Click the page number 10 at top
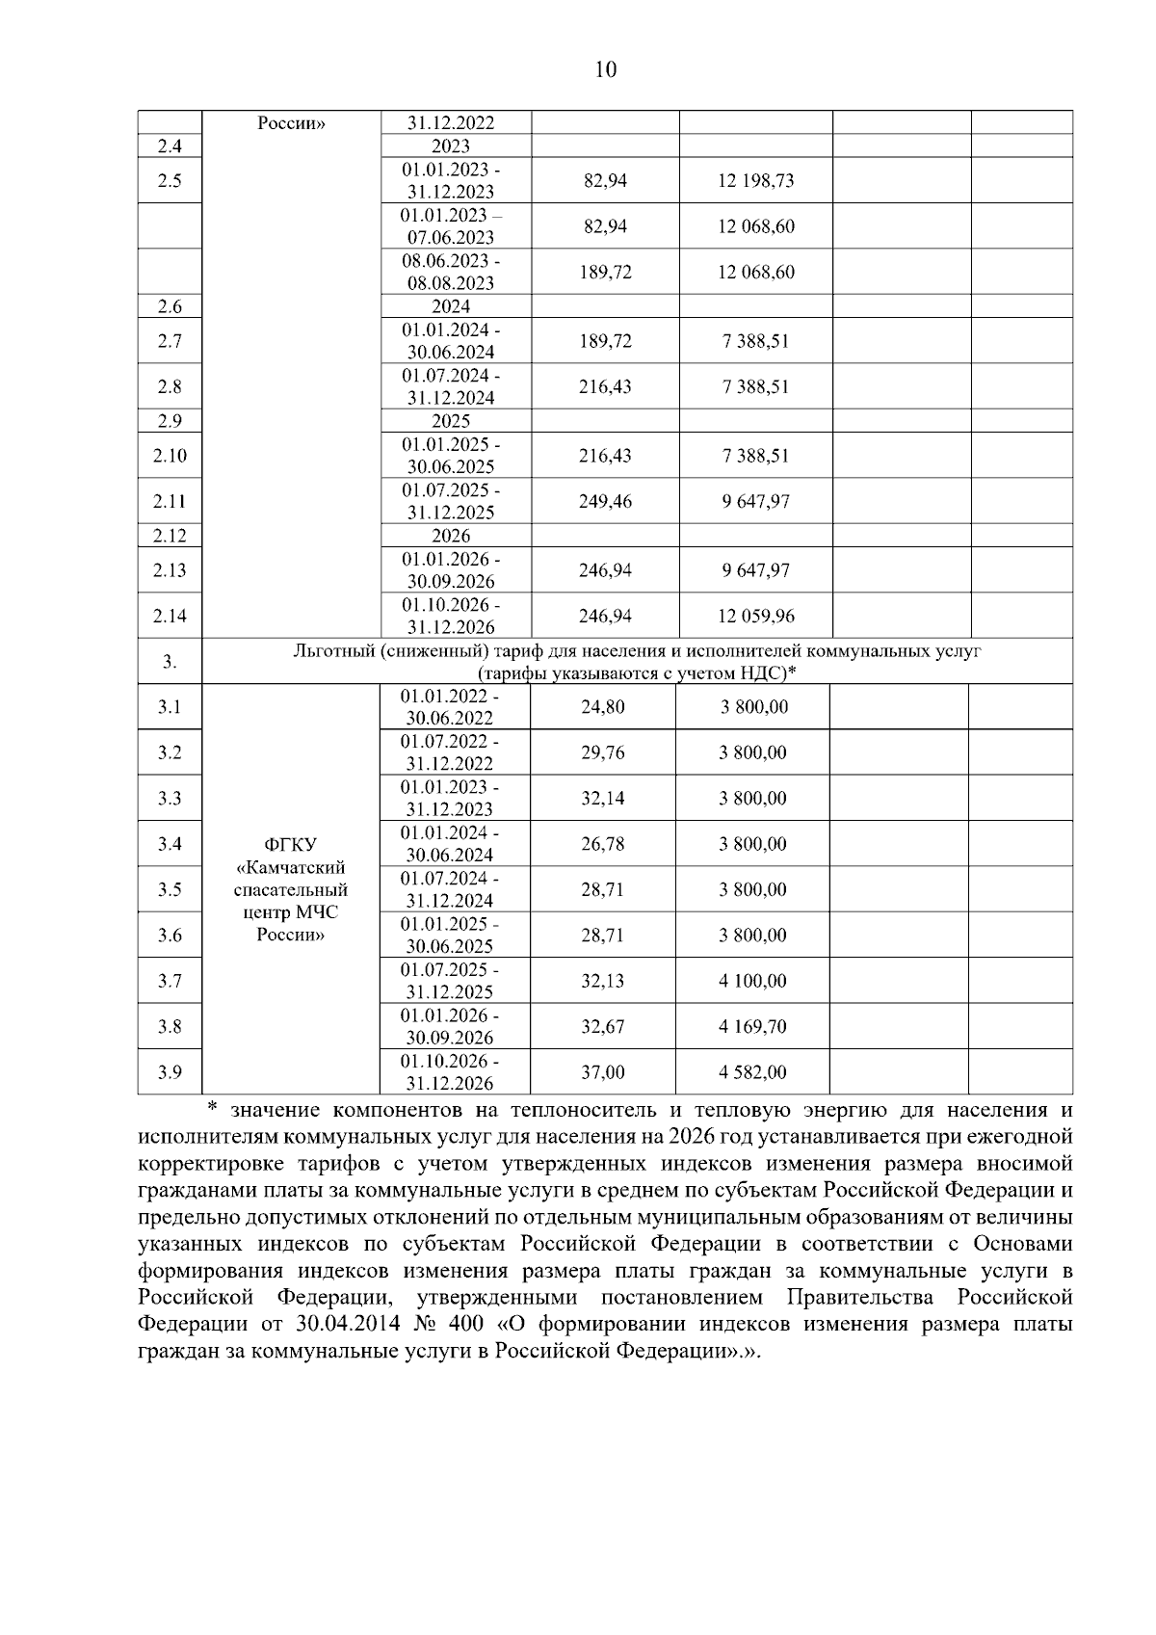(604, 69)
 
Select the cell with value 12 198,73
(755, 180)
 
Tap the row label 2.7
(170, 341)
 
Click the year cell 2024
(451, 306)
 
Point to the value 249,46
(605, 501)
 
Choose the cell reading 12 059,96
(755, 616)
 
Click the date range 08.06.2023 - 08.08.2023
(451, 272)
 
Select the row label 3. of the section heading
(170, 662)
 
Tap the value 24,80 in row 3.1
(603, 707)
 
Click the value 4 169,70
(752, 1027)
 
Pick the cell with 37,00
(603, 1072)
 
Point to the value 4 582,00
(752, 1072)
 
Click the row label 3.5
(170, 889)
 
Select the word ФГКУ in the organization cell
(290, 845)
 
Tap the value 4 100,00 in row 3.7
(752, 981)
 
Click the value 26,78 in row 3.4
(603, 844)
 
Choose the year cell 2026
(451, 536)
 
